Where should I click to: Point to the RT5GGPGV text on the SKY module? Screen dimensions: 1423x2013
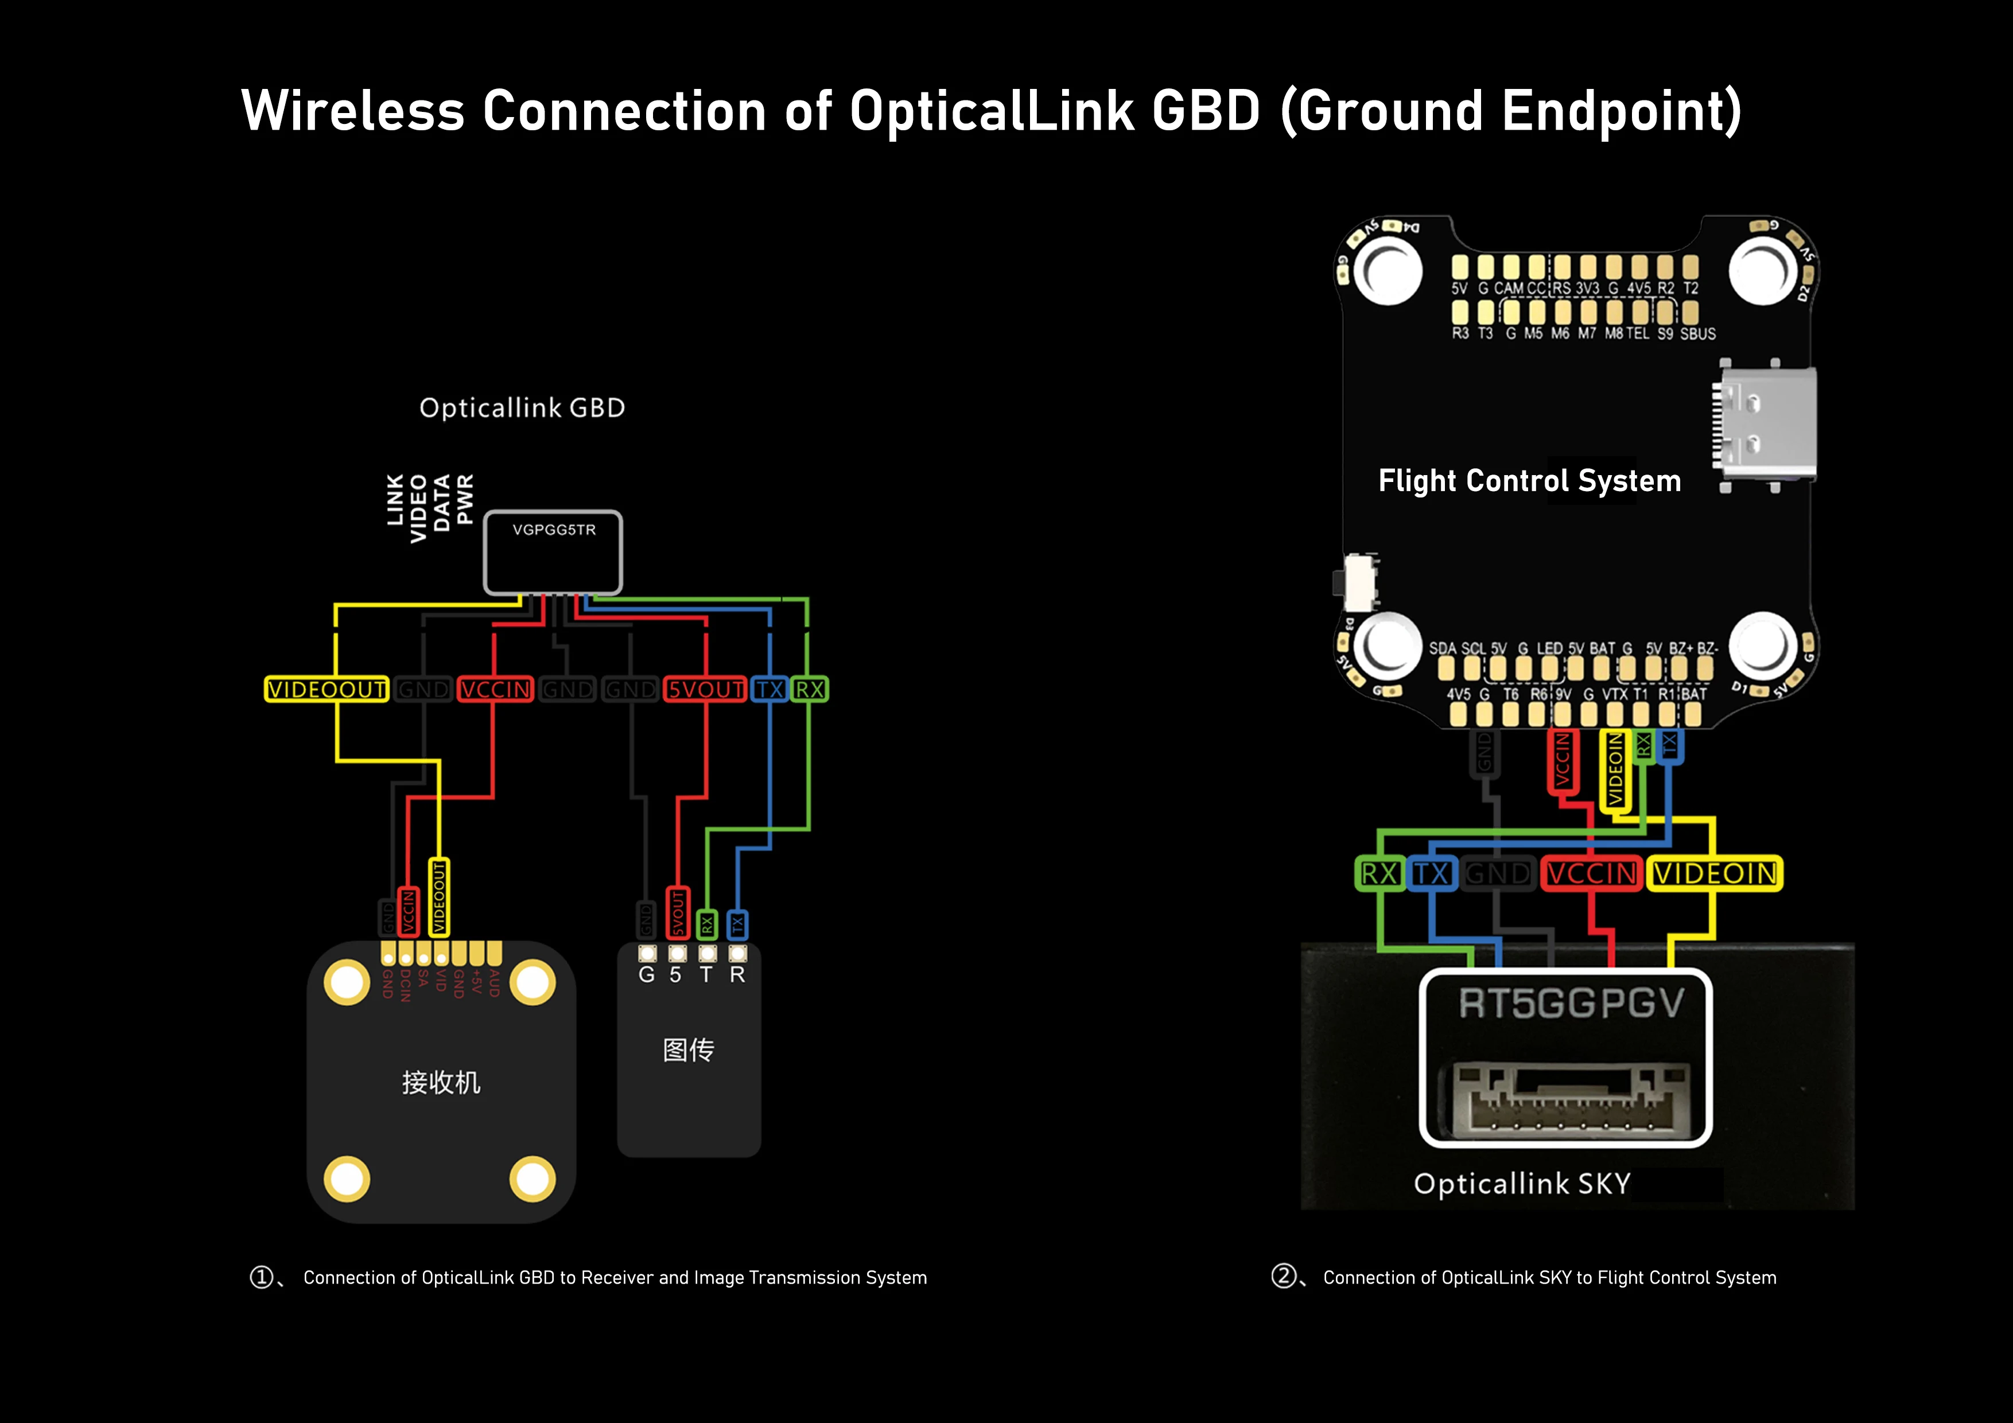pyautogui.click(x=1571, y=1003)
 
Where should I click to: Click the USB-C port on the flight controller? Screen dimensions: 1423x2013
pyautogui.click(x=1764, y=425)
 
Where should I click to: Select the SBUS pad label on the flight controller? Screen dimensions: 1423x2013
pyautogui.click(x=1697, y=334)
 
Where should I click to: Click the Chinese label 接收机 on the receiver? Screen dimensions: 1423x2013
pyautogui.click(x=441, y=1082)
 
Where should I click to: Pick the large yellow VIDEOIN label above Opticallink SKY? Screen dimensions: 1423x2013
pyautogui.click(x=1715, y=873)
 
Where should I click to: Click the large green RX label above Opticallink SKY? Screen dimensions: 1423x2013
pyautogui.click(x=1379, y=873)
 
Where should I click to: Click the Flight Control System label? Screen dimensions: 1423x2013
pyautogui.click(x=1529, y=480)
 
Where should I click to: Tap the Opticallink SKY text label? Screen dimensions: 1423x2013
pyautogui.click(x=1522, y=1184)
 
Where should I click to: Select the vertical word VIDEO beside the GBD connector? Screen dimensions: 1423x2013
pyautogui.click(x=419, y=508)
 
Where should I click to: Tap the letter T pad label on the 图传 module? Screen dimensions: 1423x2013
pyautogui.click(x=706, y=974)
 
